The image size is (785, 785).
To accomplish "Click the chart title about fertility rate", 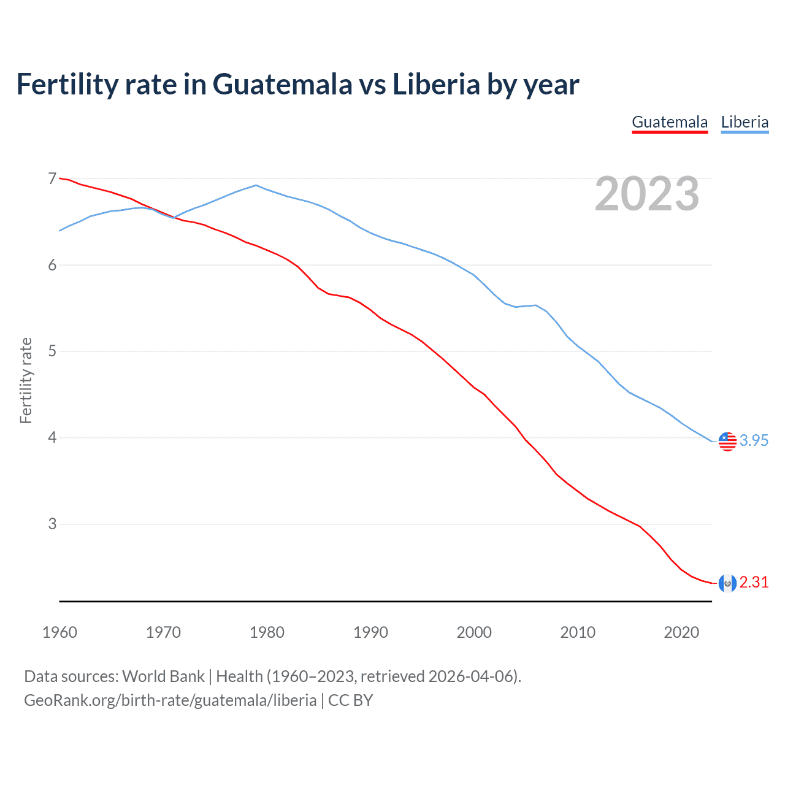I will coord(297,84).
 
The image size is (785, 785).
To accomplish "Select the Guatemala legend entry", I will coord(670,122).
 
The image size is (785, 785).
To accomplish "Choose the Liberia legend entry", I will coord(745,122).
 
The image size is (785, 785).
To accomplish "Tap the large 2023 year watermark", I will coord(646,194).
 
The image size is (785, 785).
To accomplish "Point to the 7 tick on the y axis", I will coord(52,178).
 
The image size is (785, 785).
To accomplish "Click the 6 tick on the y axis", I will coord(52,265).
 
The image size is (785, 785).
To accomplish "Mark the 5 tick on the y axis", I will coord(52,351).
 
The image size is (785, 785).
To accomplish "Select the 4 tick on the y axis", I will coord(52,438).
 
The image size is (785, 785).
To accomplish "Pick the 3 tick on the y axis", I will coord(52,524).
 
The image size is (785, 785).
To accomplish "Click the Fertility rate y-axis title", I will coord(26,380).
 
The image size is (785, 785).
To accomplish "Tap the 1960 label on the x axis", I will coord(59,632).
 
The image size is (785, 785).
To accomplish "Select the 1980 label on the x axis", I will coord(267,632).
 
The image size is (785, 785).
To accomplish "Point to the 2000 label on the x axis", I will coord(474,632).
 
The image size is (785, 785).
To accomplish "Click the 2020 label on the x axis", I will coord(681,632).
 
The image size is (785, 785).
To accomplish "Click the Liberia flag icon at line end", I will coord(727,441).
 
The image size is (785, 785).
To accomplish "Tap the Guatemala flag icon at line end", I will coord(727,583).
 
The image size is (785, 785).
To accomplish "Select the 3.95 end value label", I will coord(754,441).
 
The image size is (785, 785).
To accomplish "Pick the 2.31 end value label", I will coord(754,583).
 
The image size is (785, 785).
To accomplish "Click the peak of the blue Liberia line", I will coord(256,185).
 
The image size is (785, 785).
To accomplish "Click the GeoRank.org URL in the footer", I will coord(170,700).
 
